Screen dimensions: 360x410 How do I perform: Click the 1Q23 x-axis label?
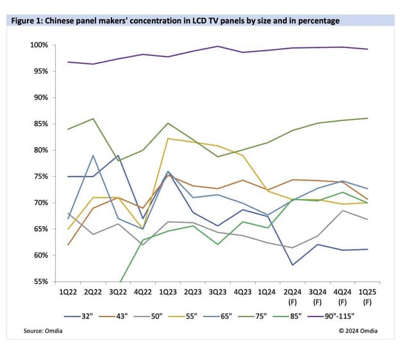tap(168, 291)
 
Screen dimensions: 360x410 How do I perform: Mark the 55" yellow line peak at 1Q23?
tap(168, 138)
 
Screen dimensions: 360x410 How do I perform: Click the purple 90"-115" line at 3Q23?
tap(218, 46)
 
